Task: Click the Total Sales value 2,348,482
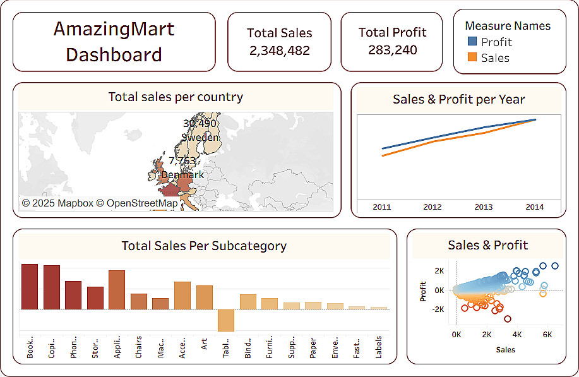(279, 51)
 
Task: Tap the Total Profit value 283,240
(392, 50)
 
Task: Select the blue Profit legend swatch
(472, 42)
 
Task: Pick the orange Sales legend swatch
(472, 57)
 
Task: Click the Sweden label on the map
(200, 137)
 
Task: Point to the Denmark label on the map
(182, 174)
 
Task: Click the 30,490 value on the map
(200, 123)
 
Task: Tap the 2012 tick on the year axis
(433, 206)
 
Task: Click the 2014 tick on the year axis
(534, 206)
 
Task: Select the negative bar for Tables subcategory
(226, 320)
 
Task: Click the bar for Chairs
(139, 301)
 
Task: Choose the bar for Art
(205, 297)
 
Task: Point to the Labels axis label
(378, 347)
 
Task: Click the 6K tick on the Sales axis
(547, 334)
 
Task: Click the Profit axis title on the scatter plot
(423, 290)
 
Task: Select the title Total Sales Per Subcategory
(204, 246)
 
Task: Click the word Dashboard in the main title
(114, 54)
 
